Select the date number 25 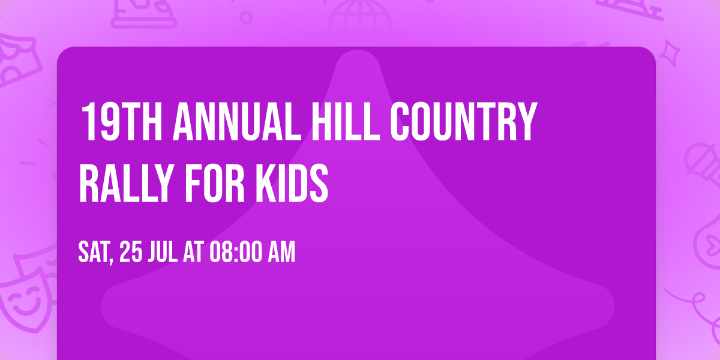point(131,253)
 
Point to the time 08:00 point(235,253)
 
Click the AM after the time point(281,253)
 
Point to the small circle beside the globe point(246,16)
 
